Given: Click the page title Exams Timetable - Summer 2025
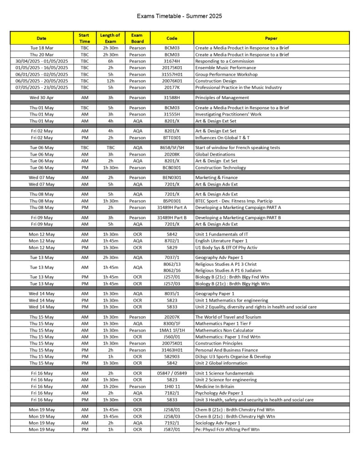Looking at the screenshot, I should click(180, 16).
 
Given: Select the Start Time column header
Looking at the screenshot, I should click(84, 38).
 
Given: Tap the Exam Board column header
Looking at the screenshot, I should click(137, 38).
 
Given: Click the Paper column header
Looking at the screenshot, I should click(271, 38).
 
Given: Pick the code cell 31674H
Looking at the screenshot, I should click(172, 61).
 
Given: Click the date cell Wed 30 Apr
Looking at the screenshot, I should click(41, 98).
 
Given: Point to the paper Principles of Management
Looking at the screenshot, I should click(222, 98).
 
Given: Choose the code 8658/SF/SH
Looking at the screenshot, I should click(172, 148).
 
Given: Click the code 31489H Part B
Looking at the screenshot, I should click(172, 218).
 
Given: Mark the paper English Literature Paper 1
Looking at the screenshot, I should click(221, 241).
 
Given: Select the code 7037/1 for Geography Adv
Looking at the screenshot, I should click(172, 258).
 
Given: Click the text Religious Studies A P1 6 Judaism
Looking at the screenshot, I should click(228, 270).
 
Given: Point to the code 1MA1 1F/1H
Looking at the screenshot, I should click(172, 330).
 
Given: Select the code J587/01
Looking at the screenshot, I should click(172, 430).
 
